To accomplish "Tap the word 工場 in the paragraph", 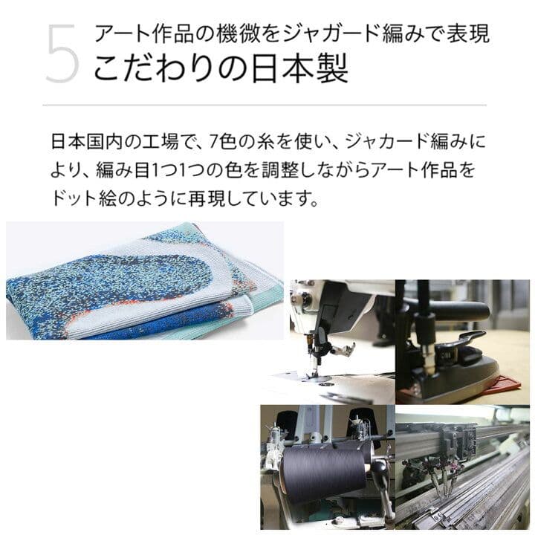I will [169, 140].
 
